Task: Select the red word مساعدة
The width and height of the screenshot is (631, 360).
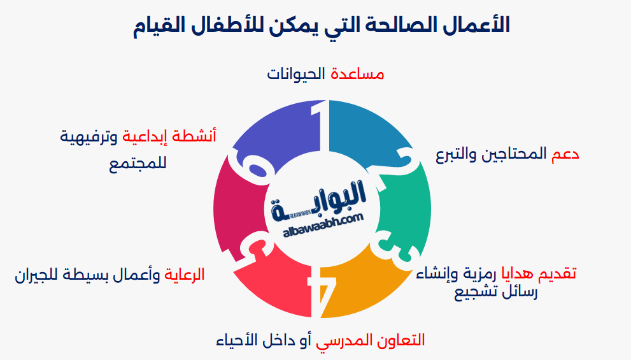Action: pos(357,74)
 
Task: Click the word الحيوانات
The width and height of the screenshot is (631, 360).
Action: pos(297,74)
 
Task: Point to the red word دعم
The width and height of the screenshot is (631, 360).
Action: pos(565,154)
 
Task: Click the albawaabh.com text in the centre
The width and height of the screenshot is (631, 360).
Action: pos(322,220)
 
